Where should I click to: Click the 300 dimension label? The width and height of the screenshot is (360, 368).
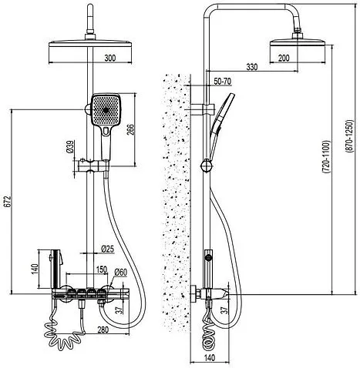tap(110, 58)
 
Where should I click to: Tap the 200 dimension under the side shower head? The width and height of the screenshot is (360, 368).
tap(284, 58)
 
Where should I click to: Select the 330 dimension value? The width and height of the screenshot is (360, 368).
tap(252, 67)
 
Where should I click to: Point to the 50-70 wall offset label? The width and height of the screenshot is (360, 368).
tap(223, 82)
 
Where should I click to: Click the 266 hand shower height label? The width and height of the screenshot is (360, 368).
tap(131, 129)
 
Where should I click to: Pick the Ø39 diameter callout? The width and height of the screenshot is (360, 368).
tap(70, 147)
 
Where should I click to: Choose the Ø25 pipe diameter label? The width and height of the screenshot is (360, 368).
tap(108, 249)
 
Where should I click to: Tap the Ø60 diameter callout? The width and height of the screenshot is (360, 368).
tap(121, 272)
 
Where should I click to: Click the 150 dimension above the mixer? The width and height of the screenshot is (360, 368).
tap(102, 269)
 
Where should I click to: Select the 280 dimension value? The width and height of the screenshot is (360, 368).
tap(103, 330)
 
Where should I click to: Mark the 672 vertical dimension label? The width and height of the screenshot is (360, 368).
tap(8, 201)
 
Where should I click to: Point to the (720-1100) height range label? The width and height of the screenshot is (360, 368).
tap(326, 157)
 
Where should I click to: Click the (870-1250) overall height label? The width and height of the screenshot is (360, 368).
tap(350, 136)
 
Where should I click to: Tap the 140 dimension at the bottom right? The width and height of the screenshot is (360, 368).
tap(210, 357)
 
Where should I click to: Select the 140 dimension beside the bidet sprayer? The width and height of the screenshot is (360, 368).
tap(35, 269)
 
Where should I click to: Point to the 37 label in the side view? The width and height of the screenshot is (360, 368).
tap(225, 309)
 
